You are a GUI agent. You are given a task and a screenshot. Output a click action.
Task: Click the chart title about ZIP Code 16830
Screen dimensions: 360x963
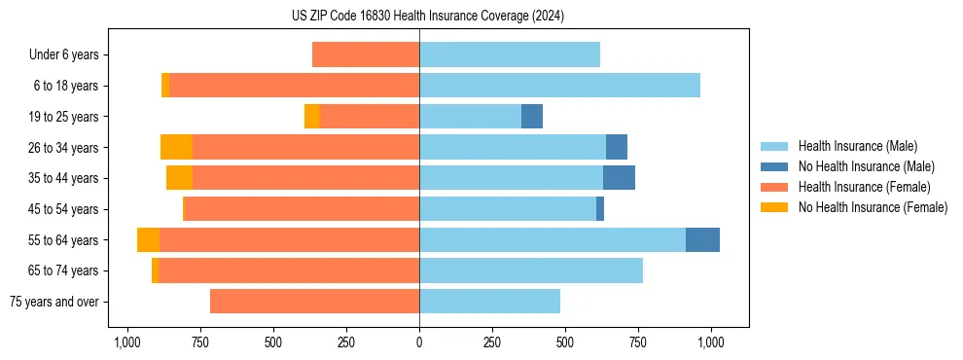pos(427,17)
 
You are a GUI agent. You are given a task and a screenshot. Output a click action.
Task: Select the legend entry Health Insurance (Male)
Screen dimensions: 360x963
pos(857,146)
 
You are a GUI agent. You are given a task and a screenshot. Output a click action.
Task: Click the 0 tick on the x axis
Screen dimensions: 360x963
pos(419,342)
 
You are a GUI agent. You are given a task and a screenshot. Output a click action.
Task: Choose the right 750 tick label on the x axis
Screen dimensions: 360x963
pos(638,342)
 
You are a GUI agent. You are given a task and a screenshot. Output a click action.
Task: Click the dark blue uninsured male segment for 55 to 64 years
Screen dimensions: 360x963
pos(702,240)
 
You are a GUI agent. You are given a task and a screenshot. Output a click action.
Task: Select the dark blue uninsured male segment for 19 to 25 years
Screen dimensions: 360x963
pos(532,117)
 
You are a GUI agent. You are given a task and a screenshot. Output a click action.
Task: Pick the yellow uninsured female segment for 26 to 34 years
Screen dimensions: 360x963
pos(176,148)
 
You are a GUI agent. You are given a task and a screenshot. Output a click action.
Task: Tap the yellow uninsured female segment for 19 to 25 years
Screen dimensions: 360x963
pos(312,117)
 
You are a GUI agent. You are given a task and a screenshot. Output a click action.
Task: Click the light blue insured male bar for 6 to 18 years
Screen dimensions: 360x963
pos(559,86)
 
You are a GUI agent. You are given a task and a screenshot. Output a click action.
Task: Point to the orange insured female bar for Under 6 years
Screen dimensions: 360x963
pos(366,55)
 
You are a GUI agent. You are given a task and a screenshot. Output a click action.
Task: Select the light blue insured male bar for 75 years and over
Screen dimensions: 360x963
pos(489,302)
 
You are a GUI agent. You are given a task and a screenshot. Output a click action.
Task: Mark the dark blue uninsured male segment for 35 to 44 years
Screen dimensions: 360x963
pos(619,178)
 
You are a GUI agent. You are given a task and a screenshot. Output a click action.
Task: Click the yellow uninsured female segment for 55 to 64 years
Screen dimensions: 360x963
pos(148,240)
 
